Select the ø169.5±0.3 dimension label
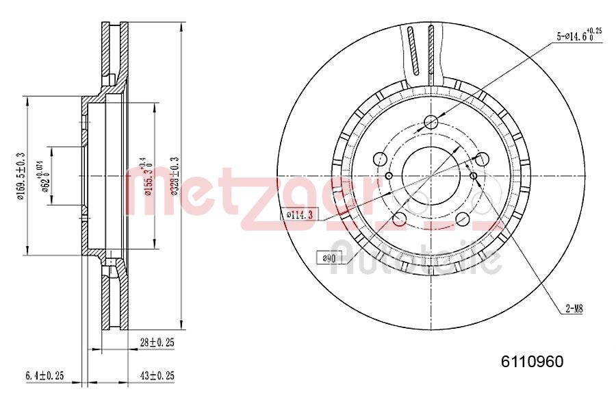click(x=21, y=177)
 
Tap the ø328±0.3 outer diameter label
click(x=175, y=176)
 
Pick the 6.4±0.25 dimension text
click(x=44, y=375)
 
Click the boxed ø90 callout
click(x=328, y=258)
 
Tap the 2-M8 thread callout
click(x=574, y=310)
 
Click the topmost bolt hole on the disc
click(x=431, y=123)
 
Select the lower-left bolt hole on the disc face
click(x=399, y=220)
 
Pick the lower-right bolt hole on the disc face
click(x=463, y=220)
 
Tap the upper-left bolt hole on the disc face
click(x=379, y=158)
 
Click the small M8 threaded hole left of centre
click(x=388, y=175)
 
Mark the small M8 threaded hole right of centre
click(x=474, y=175)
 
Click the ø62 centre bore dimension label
click(x=45, y=177)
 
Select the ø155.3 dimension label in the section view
click(x=145, y=177)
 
